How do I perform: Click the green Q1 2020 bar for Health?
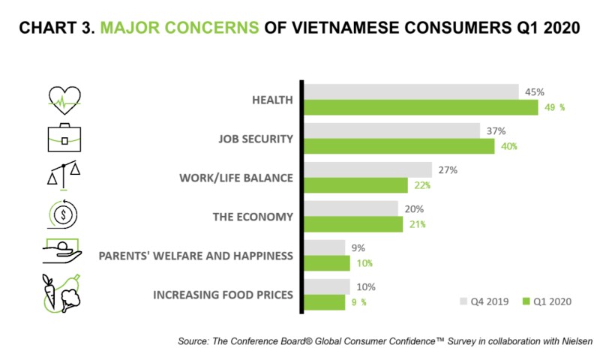pyautogui.click(x=420, y=107)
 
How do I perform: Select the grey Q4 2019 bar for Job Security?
pyautogui.click(x=391, y=130)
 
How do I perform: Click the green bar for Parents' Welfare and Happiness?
pyautogui.click(x=327, y=263)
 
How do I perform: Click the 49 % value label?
pyautogui.click(x=554, y=107)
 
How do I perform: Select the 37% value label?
pyautogui.click(x=496, y=130)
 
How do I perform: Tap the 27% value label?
pyautogui.click(x=448, y=169)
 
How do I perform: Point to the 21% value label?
pyautogui.click(x=417, y=224)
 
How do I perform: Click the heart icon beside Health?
pyautogui.click(x=64, y=99)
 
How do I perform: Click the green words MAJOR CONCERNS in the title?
pyautogui.click(x=180, y=28)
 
